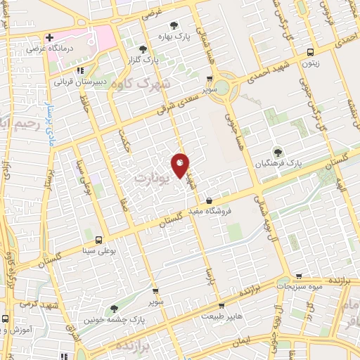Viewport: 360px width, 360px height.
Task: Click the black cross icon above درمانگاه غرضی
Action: pyautogui.click(x=49, y=37)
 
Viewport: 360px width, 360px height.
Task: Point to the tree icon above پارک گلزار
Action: pyautogui.click(x=144, y=49)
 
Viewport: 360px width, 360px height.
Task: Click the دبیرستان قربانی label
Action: pyautogui.click(x=82, y=81)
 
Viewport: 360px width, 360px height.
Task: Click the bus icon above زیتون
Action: pyautogui.click(x=311, y=52)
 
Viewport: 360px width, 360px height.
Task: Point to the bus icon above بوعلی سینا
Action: pyautogui.click(x=98, y=239)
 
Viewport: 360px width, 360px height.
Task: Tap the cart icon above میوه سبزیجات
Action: pyautogui.click(x=300, y=277)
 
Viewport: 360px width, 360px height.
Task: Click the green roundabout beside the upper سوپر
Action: pyautogui.click(x=222, y=88)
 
